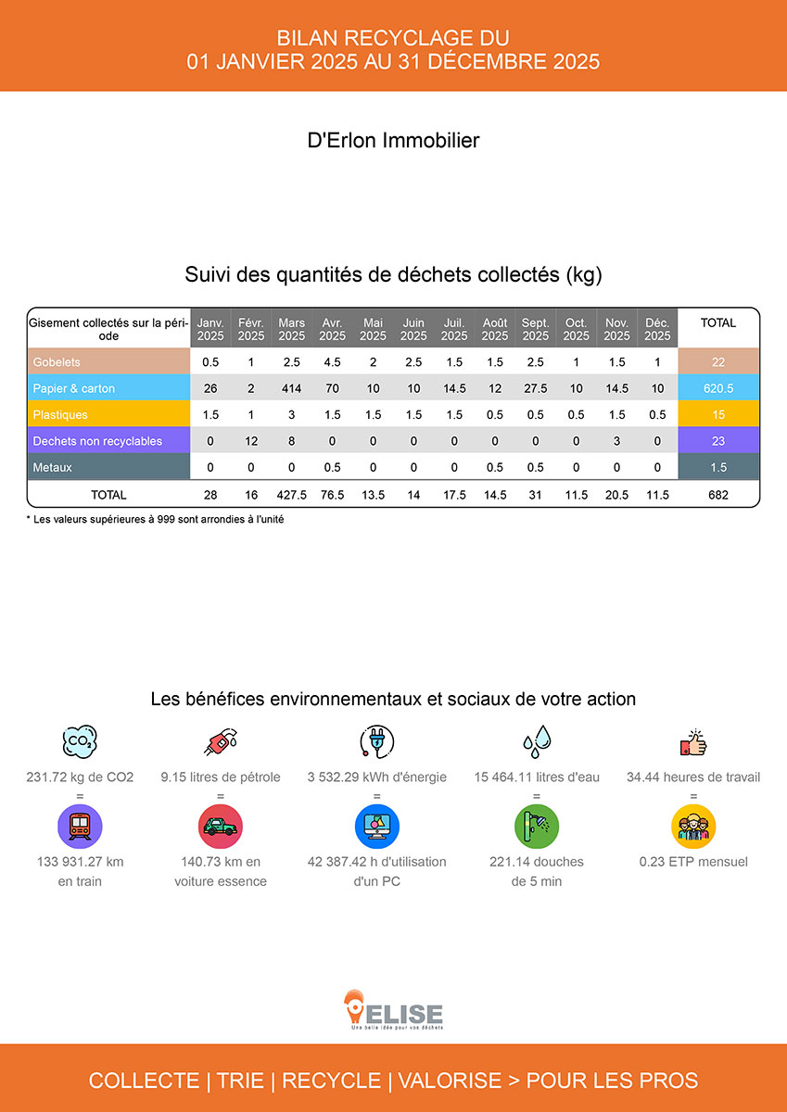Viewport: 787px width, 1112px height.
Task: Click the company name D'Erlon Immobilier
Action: point(393,141)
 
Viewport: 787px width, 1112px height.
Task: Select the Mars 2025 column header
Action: point(291,329)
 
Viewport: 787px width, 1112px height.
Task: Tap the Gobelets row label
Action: point(57,361)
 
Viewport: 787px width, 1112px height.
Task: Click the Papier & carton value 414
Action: point(291,388)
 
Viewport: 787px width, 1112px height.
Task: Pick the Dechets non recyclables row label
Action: point(97,441)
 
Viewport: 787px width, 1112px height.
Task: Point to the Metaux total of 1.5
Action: point(718,468)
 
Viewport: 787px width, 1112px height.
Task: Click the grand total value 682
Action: point(718,495)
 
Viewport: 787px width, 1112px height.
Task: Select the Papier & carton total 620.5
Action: point(718,388)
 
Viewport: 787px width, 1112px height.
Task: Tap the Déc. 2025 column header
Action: point(657,329)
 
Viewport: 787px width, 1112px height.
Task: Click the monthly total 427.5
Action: point(291,495)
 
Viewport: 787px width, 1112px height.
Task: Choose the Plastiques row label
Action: point(60,414)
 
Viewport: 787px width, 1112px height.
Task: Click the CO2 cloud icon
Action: point(80,740)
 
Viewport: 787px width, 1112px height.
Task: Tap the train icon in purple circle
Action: point(80,825)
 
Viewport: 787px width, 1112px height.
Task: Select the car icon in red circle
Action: point(221,825)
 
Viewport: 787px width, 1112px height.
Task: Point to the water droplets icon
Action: point(537,740)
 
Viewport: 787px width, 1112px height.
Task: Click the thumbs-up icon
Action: point(692,741)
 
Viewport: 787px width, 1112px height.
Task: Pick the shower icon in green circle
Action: point(537,825)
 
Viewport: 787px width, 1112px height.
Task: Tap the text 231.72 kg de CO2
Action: point(80,777)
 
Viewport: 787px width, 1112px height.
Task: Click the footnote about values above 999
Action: point(155,520)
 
